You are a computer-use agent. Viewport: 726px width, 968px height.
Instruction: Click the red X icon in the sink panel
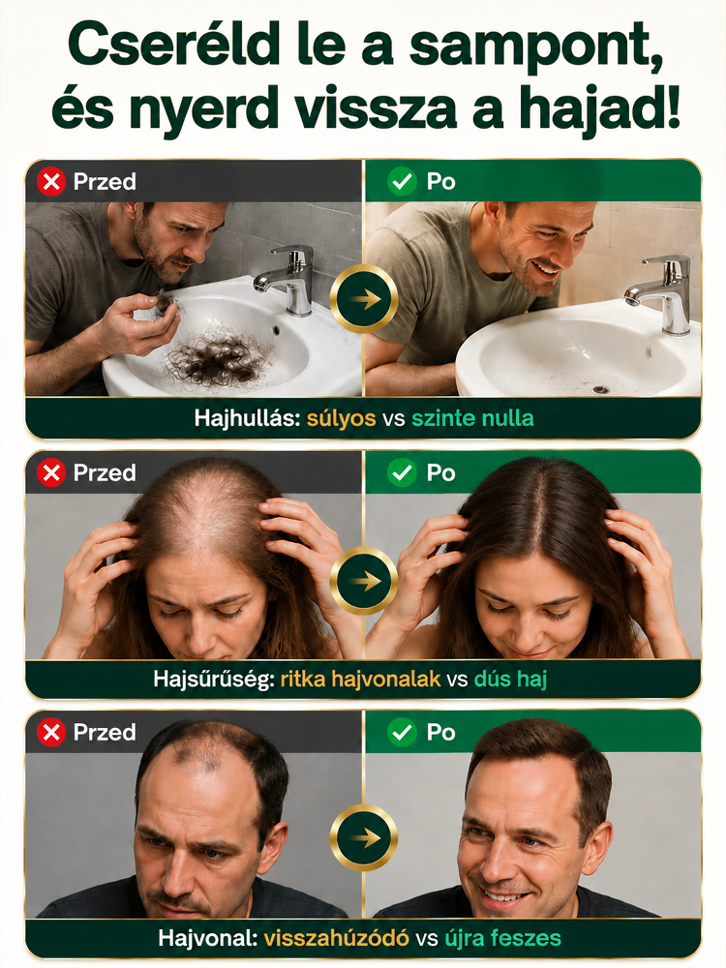[x=51, y=182]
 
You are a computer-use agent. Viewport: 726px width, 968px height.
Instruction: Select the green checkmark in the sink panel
[x=402, y=182]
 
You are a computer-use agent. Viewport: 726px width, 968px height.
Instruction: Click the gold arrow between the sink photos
[x=364, y=299]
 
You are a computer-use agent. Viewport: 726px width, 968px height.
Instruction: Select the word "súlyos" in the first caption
[x=342, y=418]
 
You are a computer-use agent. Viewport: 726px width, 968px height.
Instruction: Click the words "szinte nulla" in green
[x=473, y=418]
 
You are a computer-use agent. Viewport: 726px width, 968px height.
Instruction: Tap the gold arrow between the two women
[x=364, y=580]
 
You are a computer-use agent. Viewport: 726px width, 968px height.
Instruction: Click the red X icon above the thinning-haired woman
[x=51, y=473]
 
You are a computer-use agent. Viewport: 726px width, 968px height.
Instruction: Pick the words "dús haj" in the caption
[x=510, y=680]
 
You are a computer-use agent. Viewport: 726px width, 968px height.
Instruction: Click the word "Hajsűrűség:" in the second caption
[x=214, y=680]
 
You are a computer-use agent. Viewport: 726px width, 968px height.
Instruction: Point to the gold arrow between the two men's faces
[x=364, y=837]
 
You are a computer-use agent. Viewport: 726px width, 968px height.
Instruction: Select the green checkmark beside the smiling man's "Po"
[x=402, y=732]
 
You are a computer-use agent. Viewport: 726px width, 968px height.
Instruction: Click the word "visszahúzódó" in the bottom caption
[x=337, y=938]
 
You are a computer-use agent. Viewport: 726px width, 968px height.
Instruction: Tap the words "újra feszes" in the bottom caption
[x=502, y=938]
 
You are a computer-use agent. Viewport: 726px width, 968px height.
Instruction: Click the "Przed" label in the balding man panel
[x=105, y=732]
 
